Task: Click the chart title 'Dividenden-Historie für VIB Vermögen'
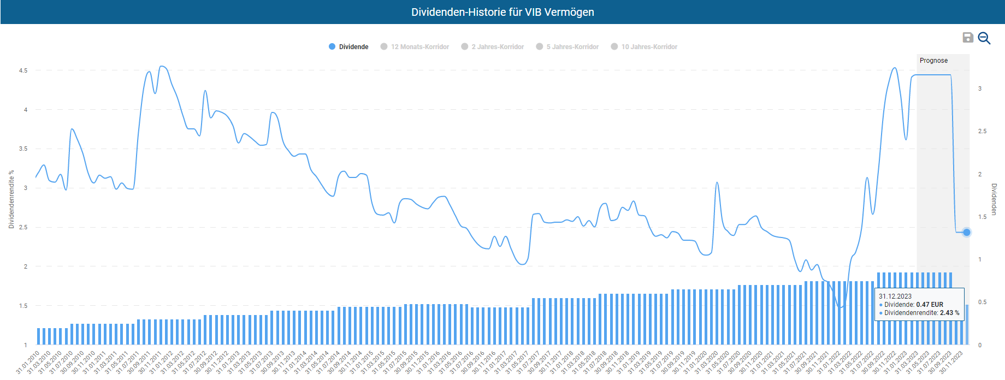click(503, 12)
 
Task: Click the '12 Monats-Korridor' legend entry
click(415, 47)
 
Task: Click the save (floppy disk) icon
click(967, 38)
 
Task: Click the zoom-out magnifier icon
click(984, 38)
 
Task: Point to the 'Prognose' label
click(933, 61)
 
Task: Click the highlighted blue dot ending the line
click(966, 232)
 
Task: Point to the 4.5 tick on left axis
click(23, 70)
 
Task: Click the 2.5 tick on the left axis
click(23, 227)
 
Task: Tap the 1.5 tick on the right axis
click(982, 217)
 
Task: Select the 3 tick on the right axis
click(980, 88)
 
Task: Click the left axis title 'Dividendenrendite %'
click(11, 199)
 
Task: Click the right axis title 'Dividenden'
click(994, 199)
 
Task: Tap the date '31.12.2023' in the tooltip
click(895, 296)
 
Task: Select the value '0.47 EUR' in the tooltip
click(929, 305)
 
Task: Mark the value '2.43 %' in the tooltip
click(949, 313)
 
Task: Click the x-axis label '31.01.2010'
click(28, 362)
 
